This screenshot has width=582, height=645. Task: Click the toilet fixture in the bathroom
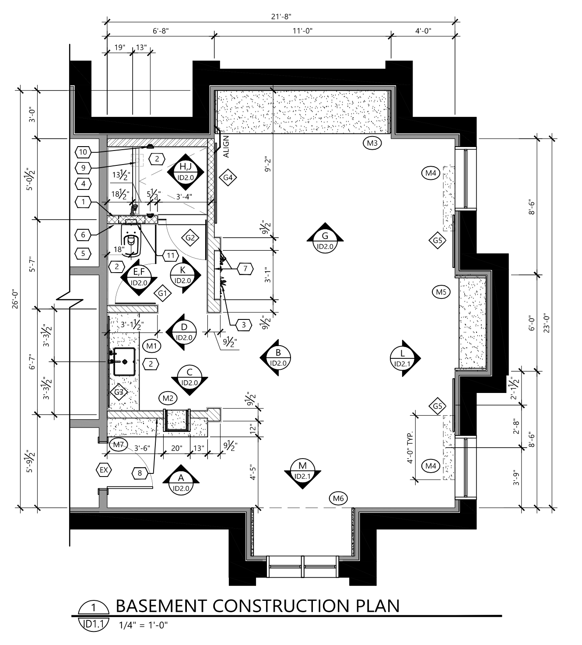131,238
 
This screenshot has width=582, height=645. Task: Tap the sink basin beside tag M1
124,362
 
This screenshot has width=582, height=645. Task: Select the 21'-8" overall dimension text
281,16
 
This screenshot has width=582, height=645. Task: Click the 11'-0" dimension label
302,31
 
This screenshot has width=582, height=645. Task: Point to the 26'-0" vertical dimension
15,299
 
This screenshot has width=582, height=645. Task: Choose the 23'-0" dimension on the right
546,323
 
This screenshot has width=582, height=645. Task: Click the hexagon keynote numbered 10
83,152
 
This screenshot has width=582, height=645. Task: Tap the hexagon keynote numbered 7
245,269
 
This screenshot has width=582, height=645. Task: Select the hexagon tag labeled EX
104,470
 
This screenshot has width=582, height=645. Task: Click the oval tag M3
372,143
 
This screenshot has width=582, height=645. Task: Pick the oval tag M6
338,499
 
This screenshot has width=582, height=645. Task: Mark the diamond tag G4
228,177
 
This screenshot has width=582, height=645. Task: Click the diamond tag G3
119,392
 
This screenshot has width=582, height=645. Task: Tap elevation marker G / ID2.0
325,238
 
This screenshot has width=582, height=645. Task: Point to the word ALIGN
226,147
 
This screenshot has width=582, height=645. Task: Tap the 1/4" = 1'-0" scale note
144,625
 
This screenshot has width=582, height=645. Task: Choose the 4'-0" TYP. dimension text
410,447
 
